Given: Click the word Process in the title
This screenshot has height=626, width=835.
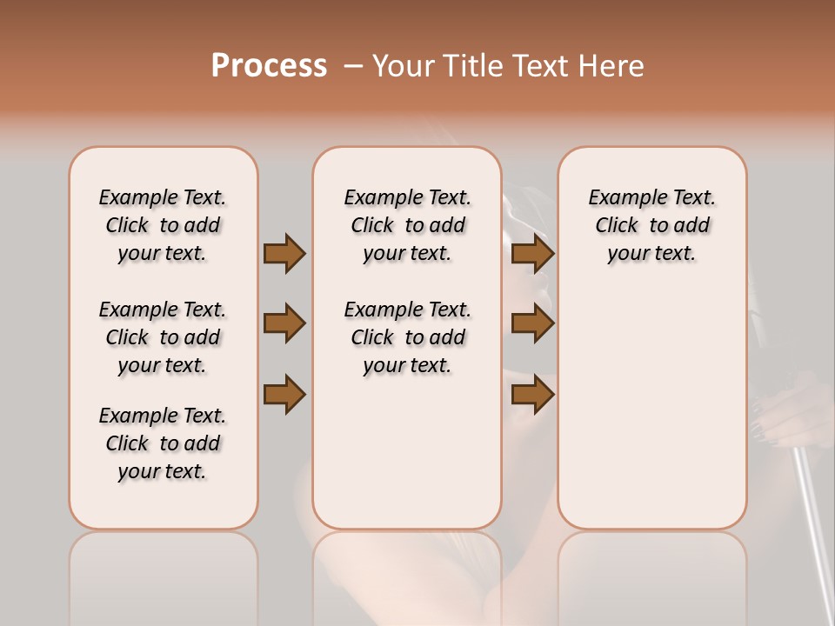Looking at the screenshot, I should (x=269, y=66).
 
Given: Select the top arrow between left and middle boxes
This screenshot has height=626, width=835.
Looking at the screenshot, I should (x=284, y=254).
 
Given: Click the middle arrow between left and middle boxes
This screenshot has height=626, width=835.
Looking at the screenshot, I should (x=284, y=323).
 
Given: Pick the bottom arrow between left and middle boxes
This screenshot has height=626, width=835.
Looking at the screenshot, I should (x=284, y=394).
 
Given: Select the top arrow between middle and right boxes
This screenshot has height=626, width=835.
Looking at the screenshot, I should (x=532, y=254).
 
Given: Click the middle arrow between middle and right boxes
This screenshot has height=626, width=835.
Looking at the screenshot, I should (x=532, y=323).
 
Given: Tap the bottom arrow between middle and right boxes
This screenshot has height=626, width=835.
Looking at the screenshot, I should (x=532, y=394).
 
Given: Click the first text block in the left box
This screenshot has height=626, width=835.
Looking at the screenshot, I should (x=163, y=225).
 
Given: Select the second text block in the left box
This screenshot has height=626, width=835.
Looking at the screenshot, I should (x=163, y=337).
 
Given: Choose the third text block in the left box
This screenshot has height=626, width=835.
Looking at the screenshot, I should (x=163, y=443).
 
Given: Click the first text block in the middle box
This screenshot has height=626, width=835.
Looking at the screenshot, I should (x=407, y=225).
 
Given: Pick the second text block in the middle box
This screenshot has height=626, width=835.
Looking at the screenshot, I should (x=407, y=337).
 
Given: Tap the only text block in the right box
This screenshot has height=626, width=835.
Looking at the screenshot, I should (x=651, y=225).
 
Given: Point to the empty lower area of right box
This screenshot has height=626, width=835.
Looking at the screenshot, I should (x=651, y=409).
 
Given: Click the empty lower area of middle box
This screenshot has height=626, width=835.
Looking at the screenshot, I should (x=407, y=452).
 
